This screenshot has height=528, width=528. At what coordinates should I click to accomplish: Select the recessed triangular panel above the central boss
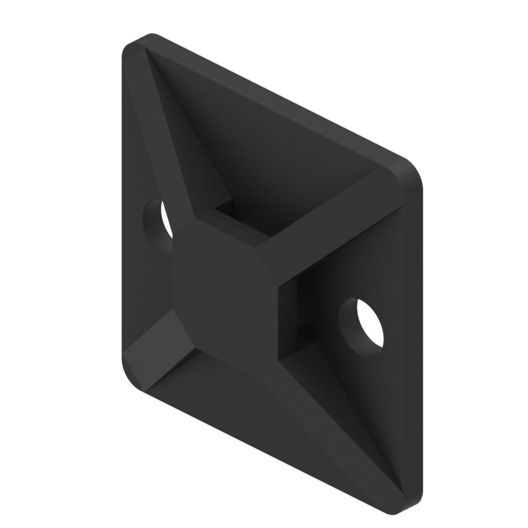click(268, 155)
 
